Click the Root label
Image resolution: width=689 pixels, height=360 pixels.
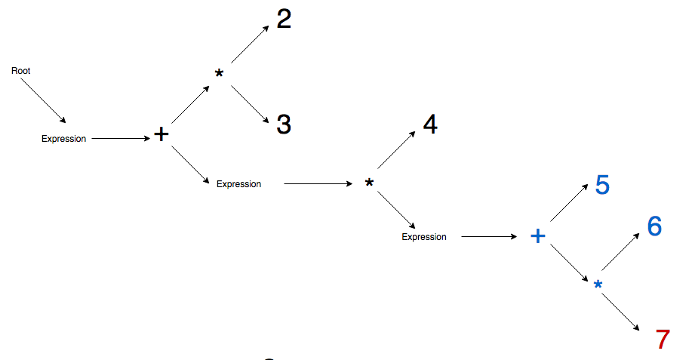pos(20,71)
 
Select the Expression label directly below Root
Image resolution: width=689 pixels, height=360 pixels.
pos(63,139)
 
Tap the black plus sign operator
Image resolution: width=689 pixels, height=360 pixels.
pos(161,135)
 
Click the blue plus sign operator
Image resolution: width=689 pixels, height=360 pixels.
pos(537,236)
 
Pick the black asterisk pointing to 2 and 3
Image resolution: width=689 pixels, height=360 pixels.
pos(219,74)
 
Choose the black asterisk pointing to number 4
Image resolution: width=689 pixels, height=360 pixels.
pos(369,183)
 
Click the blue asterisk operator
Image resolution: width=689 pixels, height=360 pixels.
pos(598,285)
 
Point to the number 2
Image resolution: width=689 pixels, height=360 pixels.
pos(284,20)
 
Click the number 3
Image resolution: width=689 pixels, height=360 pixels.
pos(284,125)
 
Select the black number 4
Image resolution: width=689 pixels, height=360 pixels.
pos(430,125)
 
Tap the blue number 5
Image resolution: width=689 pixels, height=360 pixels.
pos(602,186)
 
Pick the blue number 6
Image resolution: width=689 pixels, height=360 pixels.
pos(654,226)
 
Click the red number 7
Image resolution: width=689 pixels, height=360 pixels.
pos(663,340)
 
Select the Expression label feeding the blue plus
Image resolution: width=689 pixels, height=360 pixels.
pos(423,237)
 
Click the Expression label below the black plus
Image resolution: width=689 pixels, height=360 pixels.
pos(238,184)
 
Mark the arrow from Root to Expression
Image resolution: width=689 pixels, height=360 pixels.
pos(43,100)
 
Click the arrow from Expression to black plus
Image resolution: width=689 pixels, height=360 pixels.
pos(121,139)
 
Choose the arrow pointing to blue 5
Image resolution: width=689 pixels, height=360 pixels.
pos(570,203)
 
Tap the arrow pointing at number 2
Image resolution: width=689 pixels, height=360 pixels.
pos(250,44)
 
